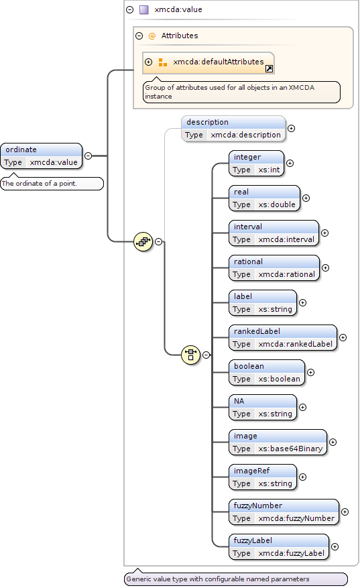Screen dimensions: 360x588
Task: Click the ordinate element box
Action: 42,156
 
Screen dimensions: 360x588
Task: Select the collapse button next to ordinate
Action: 88,156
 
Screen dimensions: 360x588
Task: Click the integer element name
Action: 247,157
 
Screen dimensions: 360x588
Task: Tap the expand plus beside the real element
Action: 306,198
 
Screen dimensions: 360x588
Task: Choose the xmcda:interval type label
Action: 286,239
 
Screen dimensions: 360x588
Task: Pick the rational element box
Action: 274,268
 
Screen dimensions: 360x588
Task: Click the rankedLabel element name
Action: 257,331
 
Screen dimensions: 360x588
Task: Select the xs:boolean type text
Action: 279,379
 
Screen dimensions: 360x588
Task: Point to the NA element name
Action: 239,401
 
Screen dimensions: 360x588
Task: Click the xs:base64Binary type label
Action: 290,449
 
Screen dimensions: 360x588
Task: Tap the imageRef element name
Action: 251,471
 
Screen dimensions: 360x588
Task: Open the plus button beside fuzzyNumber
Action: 345,512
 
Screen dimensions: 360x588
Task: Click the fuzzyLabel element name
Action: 253,541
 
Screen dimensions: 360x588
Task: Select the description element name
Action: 207,122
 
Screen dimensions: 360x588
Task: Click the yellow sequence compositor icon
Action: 143,242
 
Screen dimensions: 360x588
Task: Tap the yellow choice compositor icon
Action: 190,355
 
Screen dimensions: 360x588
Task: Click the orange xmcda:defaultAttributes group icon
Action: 163,62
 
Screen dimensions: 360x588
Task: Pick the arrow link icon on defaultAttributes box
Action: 269,68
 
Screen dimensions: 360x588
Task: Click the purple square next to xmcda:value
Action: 144,10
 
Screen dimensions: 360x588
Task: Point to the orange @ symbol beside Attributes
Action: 152,36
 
